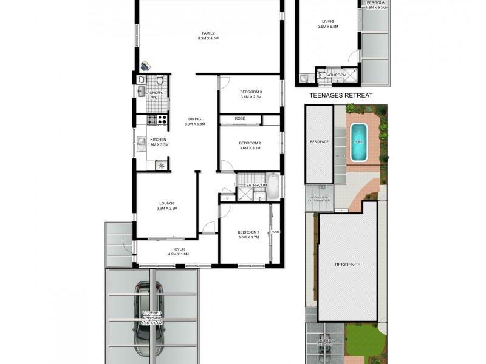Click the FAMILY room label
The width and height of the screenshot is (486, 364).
208,33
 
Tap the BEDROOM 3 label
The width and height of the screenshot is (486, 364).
249,92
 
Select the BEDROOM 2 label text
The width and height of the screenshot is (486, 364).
249,143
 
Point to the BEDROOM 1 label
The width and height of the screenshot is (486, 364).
248,232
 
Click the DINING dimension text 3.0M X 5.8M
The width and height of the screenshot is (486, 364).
194,124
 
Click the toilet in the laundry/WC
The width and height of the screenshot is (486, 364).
160,80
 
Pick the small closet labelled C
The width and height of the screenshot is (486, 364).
227,197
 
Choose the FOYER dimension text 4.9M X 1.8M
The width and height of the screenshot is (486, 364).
177,254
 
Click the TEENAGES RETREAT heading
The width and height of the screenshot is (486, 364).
340,96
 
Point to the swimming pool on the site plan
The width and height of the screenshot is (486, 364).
358,142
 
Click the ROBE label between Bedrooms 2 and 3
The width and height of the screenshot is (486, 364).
240,118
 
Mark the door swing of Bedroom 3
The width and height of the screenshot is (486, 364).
224,83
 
